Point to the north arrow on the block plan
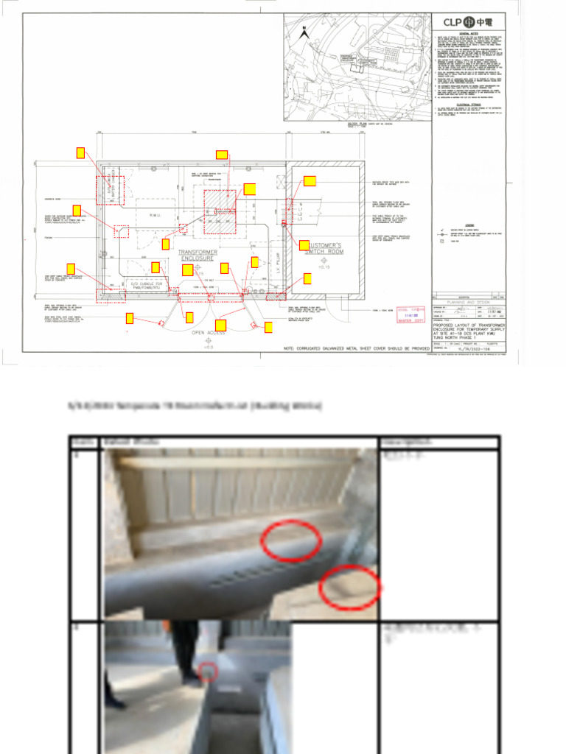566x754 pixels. [304, 31]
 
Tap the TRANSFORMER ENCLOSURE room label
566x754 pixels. [198, 255]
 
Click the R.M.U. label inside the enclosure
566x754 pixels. [156, 215]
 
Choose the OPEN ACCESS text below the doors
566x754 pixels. [209, 333]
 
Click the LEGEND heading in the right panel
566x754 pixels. [469, 225]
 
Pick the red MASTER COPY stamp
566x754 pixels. [411, 315]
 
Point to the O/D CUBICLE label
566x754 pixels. [145, 283]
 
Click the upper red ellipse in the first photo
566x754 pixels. [292, 540]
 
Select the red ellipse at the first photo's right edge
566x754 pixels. [350, 588]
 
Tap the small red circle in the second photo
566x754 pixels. [209, 671]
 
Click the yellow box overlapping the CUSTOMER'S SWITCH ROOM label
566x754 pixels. [304, 244]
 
